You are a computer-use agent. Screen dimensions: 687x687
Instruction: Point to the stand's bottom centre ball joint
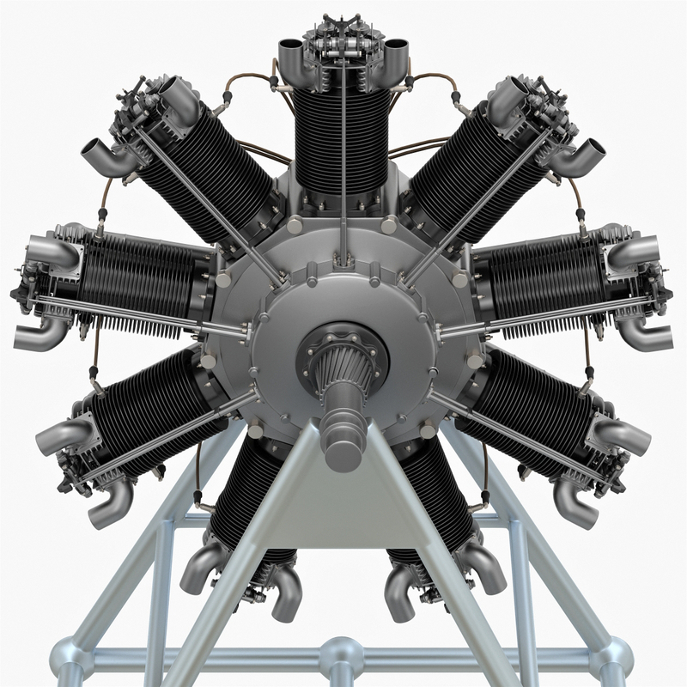tap(342, 656)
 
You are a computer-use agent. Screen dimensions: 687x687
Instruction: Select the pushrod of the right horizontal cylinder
tap(550, 310)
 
